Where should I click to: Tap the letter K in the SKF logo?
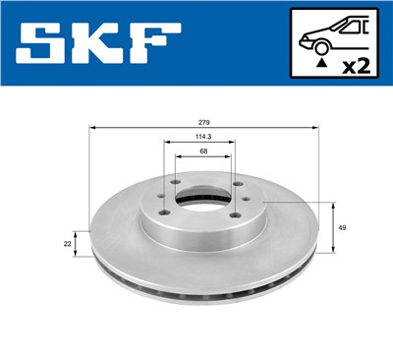point(96,44)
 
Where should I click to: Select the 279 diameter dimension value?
point(201,121)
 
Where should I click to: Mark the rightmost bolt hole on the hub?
point(238,184)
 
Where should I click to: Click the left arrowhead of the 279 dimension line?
point(92,127)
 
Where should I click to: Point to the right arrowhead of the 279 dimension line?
point(315,127)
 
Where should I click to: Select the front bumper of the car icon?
point(304,43)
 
